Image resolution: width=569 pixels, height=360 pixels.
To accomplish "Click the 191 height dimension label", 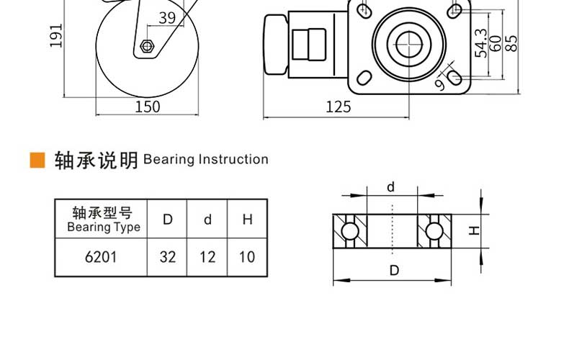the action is click(x=56, y=35).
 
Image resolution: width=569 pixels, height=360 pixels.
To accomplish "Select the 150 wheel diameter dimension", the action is click(x=148, y=107).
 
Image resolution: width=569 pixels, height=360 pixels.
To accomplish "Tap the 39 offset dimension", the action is click(x=167, y=17).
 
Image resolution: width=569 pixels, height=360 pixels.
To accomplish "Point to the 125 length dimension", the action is click(x=339, y=107).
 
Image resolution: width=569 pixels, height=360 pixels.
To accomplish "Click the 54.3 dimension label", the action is click(x=481, y=43).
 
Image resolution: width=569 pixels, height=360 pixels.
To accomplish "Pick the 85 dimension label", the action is click(x=511, y=43).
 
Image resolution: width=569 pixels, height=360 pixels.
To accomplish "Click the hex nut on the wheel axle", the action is click(x=147, y=46).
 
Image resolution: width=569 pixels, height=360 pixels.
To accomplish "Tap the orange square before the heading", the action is click(x=37, y=160).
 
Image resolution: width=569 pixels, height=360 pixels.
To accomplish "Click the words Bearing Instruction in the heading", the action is click(x=206, y=159).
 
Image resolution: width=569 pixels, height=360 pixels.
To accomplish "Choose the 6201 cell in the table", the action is click(x=102, y=257).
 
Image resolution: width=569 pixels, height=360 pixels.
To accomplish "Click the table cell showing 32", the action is click(x=167, y=257).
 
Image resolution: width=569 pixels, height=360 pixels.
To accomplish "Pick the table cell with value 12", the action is click(x=207, y=257).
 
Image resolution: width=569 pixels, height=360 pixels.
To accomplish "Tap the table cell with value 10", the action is click(x=247, y=257).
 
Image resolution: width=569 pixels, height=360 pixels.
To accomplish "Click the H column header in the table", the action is click(x=247, y=219).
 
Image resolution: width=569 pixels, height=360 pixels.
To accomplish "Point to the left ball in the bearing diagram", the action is click(x=350, y=231).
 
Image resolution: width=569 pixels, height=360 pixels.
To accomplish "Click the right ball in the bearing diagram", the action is click(x=434, y=231).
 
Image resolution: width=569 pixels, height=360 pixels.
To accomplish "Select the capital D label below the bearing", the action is click(x=394, y=271).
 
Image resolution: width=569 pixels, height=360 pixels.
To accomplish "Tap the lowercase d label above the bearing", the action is click(x=390, y=187).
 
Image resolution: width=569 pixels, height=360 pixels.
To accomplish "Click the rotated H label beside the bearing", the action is click(x=474, y=230).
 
